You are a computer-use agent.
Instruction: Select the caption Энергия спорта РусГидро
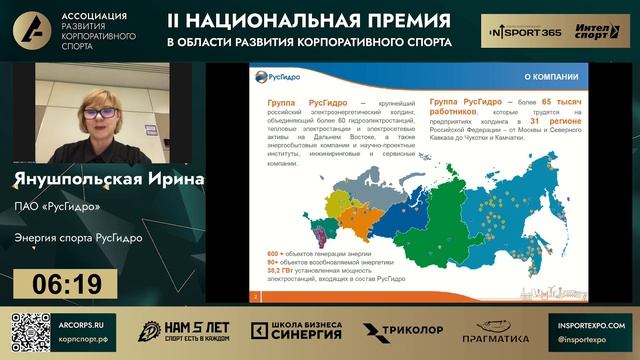78,239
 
